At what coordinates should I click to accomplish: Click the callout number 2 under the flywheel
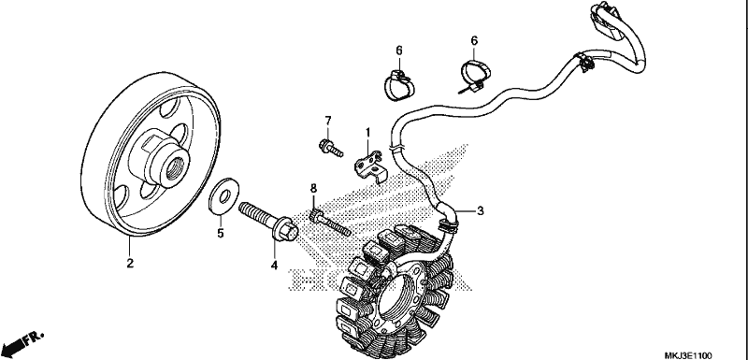pos(130,263)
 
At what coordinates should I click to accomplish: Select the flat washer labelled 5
pos(224,195)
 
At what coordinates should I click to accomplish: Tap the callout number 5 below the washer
pos(221,233)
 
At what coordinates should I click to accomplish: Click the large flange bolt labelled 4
pos(268,222)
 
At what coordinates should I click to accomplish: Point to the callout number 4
pos(274,266)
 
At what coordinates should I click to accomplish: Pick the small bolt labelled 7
pos(331,148)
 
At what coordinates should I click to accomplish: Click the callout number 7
pos(328,121)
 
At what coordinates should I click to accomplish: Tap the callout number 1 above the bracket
pos(367,131)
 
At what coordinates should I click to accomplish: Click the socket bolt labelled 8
pos(330,223)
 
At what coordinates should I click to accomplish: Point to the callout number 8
pos(313,188)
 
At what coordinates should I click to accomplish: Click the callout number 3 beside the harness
pos(481,210)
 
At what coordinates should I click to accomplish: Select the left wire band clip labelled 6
pos(399,85)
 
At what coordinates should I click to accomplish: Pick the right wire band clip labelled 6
pos(474,77)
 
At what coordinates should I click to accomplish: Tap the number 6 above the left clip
pos(399,50)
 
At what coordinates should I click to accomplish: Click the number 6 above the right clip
pos(474,40)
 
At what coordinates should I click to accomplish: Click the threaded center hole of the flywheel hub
pos(173,166)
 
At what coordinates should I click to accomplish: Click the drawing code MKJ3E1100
pos(688,355)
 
